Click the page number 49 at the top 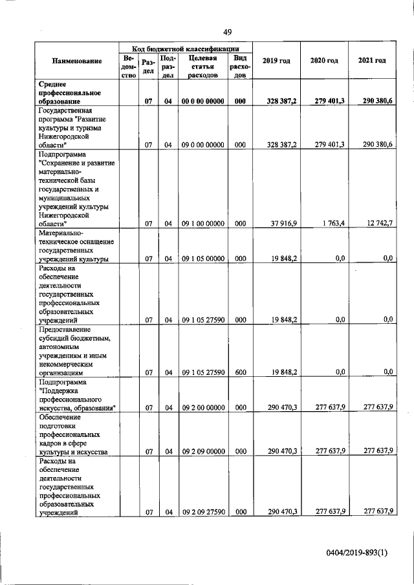pyautogui.click(x=228, y=32)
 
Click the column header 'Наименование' pyautogui.click(x=78, y=61)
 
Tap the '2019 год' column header pyautogui.click(x=276, y=61)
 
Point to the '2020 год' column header pyautogui.click(x=324, y=61)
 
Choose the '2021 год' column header pyautogui.click(x=372, y=61)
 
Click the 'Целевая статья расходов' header pyautogui.click(x=202, y=66)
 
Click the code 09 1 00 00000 pyautogui.click(x=202, y=224)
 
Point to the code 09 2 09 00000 pyautogui.click(x=202, y=451)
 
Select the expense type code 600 pyautogui.click(x=240, y=372)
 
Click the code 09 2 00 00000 pyautogui.click(x=202, y=407)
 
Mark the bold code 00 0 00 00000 pyautogui.click(x=202, y=101)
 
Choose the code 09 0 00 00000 pyautogui.click(x=202, y=145)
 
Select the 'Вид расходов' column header pyautogui.click(x=240, y=66)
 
